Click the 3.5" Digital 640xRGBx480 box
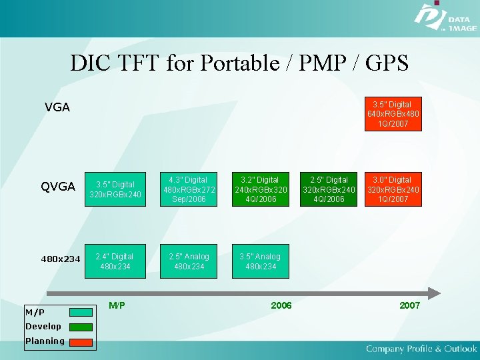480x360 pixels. [393, 114]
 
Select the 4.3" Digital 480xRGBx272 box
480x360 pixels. [188, 190]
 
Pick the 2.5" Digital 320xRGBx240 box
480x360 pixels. [328, 190]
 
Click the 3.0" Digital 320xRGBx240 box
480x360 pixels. [393, 190]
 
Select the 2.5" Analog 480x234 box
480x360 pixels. [188, 262]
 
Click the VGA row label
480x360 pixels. [57, 107]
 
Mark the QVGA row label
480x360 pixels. [58, 187]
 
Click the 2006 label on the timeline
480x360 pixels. [281, 305]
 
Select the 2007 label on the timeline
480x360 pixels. [409, 305]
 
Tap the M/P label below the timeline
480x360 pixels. [117, 305]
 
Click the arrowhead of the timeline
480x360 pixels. [434, 293]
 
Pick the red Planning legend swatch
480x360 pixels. [81, 342]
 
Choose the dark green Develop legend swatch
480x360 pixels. [81, 327]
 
